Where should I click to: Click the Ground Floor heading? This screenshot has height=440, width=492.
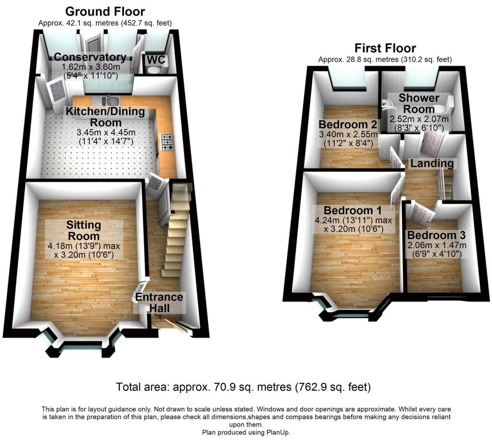coord(105,12)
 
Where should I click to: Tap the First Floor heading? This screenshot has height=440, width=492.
coord(385,48)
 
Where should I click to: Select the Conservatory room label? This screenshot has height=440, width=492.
coord(90,57)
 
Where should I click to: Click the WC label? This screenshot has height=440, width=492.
coord(156,60)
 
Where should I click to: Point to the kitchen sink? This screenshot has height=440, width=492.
coord(111,101)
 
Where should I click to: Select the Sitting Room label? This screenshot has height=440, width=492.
coord(84,230)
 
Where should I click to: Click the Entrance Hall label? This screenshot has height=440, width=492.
coord(159,302)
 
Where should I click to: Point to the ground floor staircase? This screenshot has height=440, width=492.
coord(176,231)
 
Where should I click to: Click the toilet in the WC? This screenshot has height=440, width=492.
coord(153,70)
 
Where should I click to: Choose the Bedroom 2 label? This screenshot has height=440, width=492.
coord(348,124)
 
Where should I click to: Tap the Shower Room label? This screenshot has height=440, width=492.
coord(419,103)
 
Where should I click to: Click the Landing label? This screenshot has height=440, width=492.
coord(432,163)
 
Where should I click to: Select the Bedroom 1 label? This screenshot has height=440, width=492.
coord(353,210)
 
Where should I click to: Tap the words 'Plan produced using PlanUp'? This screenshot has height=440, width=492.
coord(246,432)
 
